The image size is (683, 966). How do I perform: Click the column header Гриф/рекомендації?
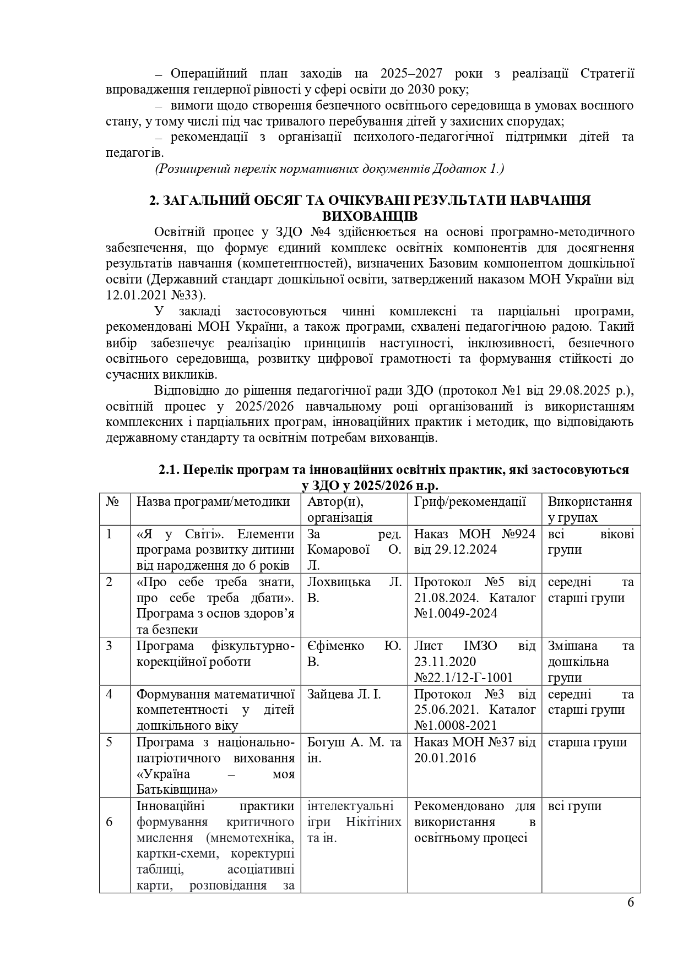pos(469,501)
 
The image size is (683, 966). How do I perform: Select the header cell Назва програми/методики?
pos(213,501)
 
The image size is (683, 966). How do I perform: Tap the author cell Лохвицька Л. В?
pos(354,590)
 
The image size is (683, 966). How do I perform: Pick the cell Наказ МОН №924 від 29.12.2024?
pos(474,542)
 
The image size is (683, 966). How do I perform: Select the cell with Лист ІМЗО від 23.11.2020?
pos(474,661)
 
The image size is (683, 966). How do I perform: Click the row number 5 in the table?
pos(110,742)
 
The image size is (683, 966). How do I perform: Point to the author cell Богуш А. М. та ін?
pos(354,750)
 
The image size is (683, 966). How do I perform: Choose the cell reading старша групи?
pos(587,742)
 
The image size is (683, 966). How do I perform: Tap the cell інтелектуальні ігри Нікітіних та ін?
pos(354,822)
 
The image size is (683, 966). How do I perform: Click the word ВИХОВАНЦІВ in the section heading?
pos(370,216)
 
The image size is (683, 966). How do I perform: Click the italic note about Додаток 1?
pos(329,168)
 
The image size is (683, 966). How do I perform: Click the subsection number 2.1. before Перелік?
pos(169,470)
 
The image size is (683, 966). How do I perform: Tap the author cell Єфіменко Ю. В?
pos(354,653)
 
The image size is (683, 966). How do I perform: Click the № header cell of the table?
pos(113,501)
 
